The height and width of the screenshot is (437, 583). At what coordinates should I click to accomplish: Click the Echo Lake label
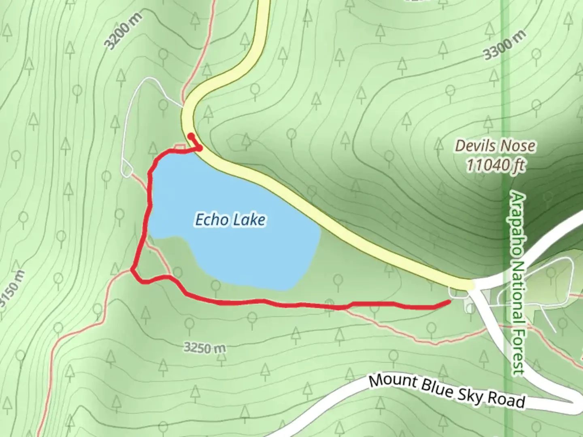pyautogui.click(x=230, y=220)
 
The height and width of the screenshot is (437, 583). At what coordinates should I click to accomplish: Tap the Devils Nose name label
pyautogui.click(x=495, y=146)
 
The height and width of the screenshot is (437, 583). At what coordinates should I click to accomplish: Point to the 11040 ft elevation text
pyautogui.click(x=495, y=165)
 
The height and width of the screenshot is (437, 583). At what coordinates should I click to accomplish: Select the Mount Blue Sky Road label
pyautogui.click(x=447, y=391)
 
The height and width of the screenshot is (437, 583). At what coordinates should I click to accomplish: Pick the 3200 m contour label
pyautogui.click(x=124, y=31)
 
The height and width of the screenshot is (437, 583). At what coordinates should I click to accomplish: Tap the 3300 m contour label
pyautogui.click(x=505, y=45)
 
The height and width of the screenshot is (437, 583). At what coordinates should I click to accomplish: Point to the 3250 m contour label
pyautogui.click(x=204, y=347)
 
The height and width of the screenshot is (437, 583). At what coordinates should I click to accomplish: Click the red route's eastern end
pyautogui.click(x=449, y=302)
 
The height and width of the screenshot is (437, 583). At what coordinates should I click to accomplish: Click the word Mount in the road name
pyautogui.click(x=392, y=382)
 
